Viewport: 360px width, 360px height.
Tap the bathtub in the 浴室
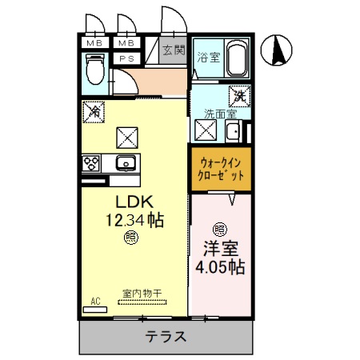coord(238,59)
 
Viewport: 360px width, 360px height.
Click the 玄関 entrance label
coord(172,50)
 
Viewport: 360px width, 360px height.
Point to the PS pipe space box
coord(126,58)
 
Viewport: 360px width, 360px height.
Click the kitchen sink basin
coord(125,164)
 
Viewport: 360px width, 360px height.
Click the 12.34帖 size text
coord(134,219)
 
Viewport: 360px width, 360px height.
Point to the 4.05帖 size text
coord(220,267)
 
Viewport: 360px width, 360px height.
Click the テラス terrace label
coord(166,337)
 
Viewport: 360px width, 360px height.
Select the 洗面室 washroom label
coord(216,114)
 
